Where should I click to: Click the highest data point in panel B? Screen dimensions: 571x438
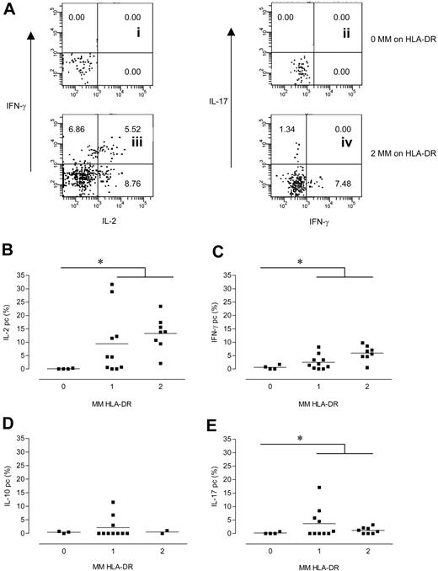point(111,285)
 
